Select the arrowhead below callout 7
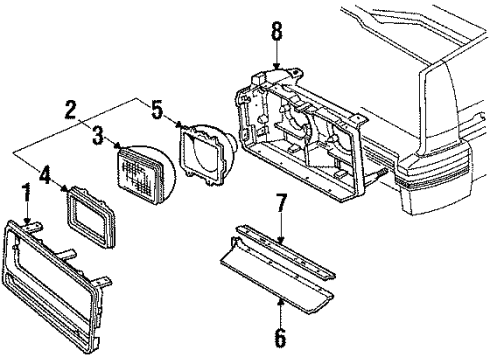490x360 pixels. [x=281, y=240]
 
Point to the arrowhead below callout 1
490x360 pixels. [x=28, y=221]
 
